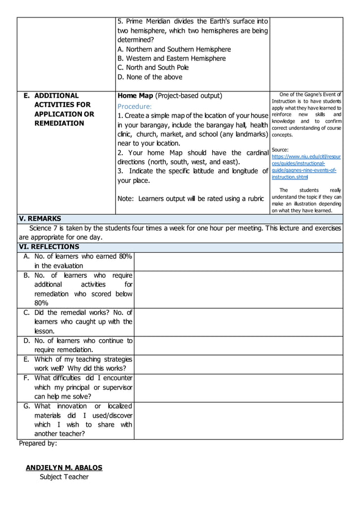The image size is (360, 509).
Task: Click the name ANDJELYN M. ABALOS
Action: [64, 467]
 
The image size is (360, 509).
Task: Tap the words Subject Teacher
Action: [64, 477]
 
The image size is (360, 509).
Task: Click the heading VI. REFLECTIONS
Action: [49, 247]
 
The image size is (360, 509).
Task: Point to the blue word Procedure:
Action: [134, 106]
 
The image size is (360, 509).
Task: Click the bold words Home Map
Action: [135, 95]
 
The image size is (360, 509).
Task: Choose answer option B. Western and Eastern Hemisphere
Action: [172, 58]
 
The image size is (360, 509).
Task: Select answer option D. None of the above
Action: [150, 77]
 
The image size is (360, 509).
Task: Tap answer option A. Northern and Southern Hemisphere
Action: [174, 49]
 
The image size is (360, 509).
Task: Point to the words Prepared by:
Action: [38, 444]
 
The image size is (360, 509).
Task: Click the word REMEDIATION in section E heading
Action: [59, 123]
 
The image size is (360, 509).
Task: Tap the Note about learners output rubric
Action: [190, 199]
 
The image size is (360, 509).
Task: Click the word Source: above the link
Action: [280, 150]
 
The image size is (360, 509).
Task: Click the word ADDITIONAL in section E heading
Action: [56, 95]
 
